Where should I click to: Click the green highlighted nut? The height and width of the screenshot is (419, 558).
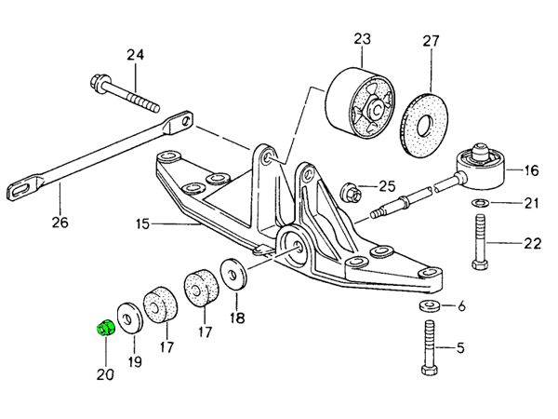[x=105, y=326]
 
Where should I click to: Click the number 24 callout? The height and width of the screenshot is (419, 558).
[x=136, y=55]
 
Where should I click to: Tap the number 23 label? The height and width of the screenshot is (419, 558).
[x=361, y=38]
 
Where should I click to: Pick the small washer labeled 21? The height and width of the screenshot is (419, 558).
[x=481, y=202]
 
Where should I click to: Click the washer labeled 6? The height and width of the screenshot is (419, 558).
[x=432, y=305]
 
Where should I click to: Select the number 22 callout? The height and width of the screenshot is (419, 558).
[x=531, y=244]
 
